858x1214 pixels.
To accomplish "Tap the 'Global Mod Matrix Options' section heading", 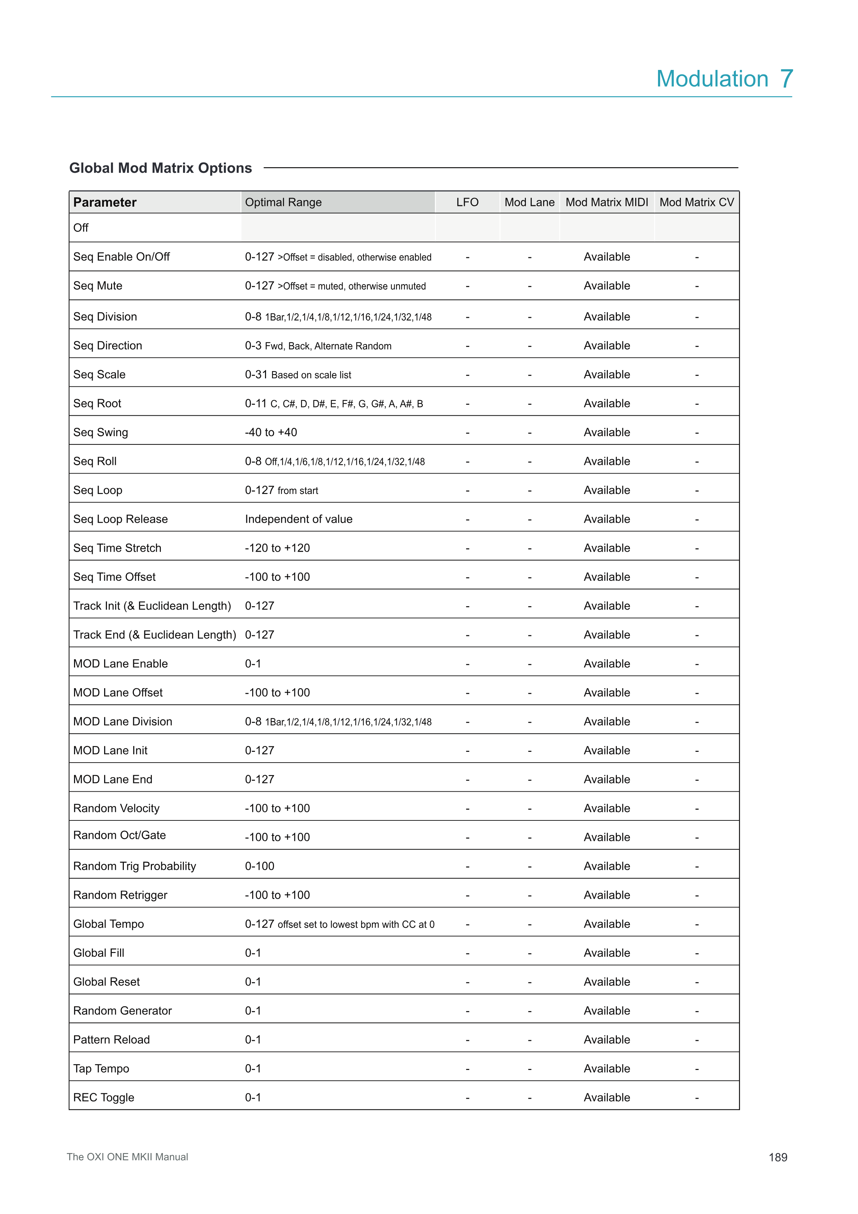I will click(161, 168).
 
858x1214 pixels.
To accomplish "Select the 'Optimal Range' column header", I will click(283, 203).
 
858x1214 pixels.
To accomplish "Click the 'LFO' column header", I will click(467, 203).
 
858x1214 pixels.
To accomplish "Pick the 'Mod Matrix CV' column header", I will click(696, 203).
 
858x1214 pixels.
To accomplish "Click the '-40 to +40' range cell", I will click(271, 432).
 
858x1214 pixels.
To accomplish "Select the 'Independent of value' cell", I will click(299, 519).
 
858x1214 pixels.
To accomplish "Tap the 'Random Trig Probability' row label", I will click(134, 866).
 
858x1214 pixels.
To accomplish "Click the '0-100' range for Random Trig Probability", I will click(259, 866).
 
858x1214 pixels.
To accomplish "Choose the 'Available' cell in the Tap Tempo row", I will click(606, 1069).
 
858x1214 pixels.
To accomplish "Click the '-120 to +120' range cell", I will click(277, 548).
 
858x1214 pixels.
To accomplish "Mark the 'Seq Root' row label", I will click(97, 403).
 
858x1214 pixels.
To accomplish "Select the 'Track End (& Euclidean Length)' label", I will click(154, 635).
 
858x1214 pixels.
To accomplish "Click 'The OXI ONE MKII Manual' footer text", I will click(127, 1157).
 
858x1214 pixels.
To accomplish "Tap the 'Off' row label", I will click(81, 228).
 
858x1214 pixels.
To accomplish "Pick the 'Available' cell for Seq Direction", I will click(606, 346).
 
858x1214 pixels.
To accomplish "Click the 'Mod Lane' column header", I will click(529, 203).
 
